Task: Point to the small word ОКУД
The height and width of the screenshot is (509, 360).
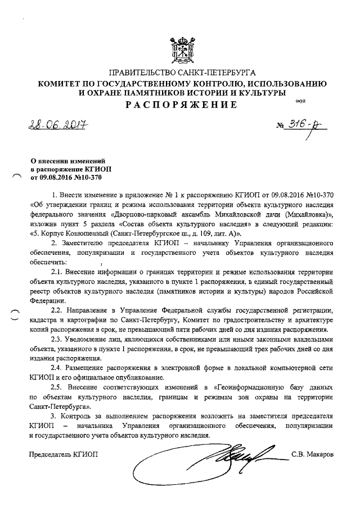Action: point(300,101)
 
